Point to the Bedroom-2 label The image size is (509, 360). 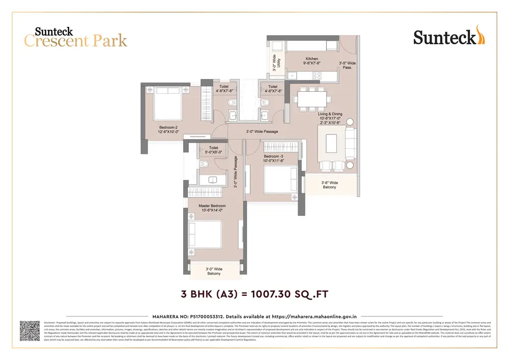168,128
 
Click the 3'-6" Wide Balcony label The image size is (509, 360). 329,185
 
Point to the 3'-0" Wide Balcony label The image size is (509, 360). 214,271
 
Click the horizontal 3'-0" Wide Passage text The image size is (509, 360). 262,132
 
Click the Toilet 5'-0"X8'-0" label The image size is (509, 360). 213,150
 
